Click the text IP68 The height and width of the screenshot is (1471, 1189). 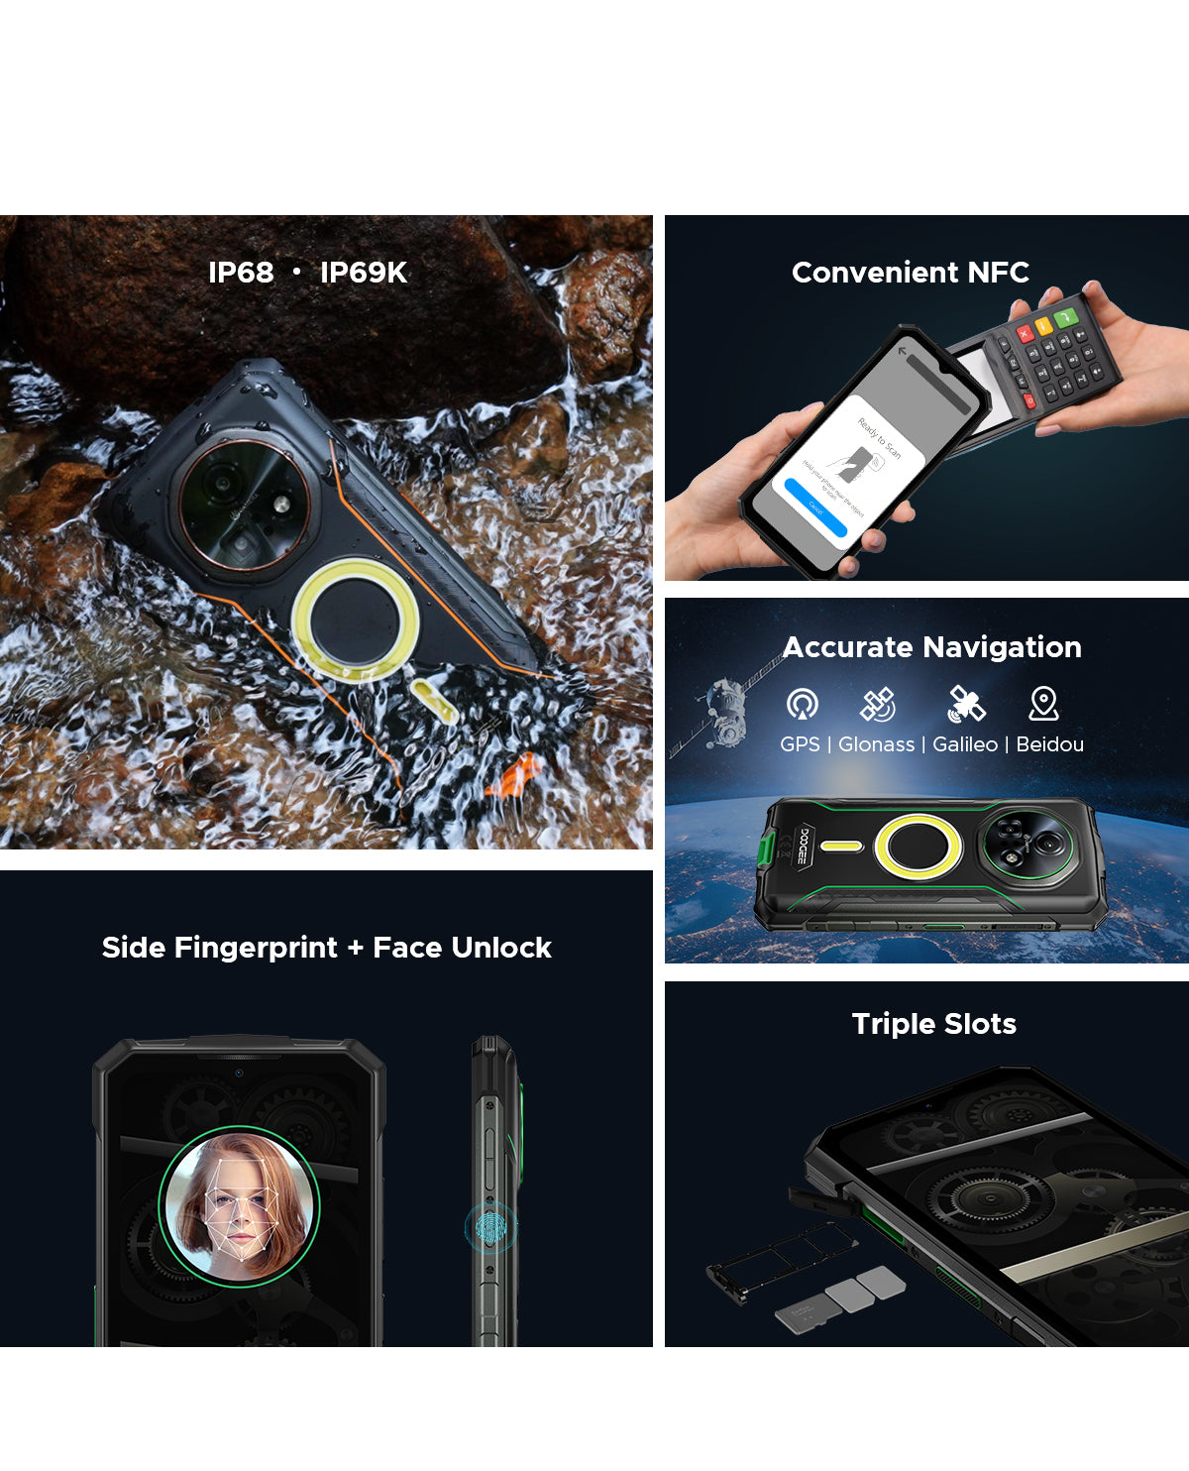pyautogui.click(x=241, y=273)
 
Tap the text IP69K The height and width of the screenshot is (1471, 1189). pyautogui.click(x=363, y=273)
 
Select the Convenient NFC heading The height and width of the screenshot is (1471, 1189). pyautogui.click(x=910, y=273)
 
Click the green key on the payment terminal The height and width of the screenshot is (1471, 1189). pyautogui.click(x=1066, y=318)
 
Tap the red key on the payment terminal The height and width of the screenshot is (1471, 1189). pyautogui.click(x=1025, y=334)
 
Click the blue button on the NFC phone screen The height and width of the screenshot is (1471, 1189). pyautogui.click(x=815, y=507)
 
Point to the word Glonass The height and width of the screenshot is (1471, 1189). pyautogui.click(x=876, y=744)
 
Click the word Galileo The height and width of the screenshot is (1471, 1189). pyautogui.click(x=964, y=744)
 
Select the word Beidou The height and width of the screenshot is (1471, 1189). pyautogui.click(x=1049, y=744)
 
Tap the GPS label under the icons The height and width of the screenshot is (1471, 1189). pyautogui.click(x=800, y=744)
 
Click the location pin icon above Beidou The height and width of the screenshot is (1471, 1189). pyautogui.click(x=1043, y=703)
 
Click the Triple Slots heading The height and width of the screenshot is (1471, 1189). pyautogui.click(x=933, y=1024)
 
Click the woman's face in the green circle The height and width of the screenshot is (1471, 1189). pyautogui.click(x=239, y=1205)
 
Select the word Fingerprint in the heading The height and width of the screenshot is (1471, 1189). pyautogui.click(x=256, y=948)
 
